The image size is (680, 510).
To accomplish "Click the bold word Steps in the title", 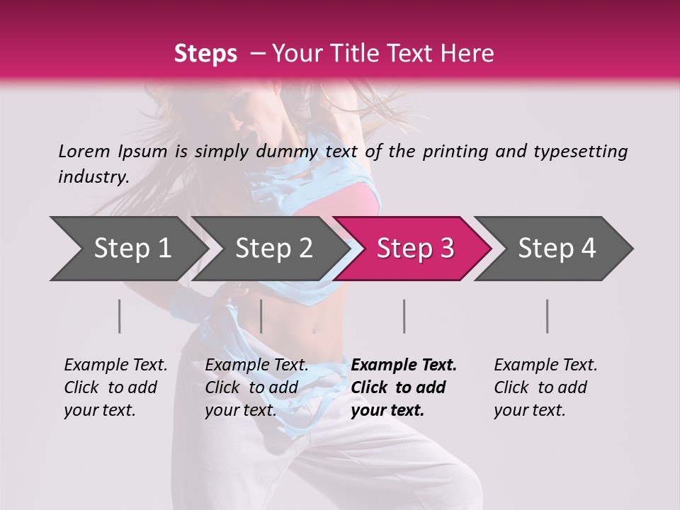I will point(205,54).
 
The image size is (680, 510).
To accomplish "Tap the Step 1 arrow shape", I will point(127,249).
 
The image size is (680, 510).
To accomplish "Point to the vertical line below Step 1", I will point(120,316).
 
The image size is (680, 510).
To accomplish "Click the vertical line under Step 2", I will point(261,316).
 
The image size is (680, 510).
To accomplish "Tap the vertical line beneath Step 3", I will point(404,316).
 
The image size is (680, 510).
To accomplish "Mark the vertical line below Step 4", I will point(547,316).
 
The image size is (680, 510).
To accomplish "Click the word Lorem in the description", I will point(84,151).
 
